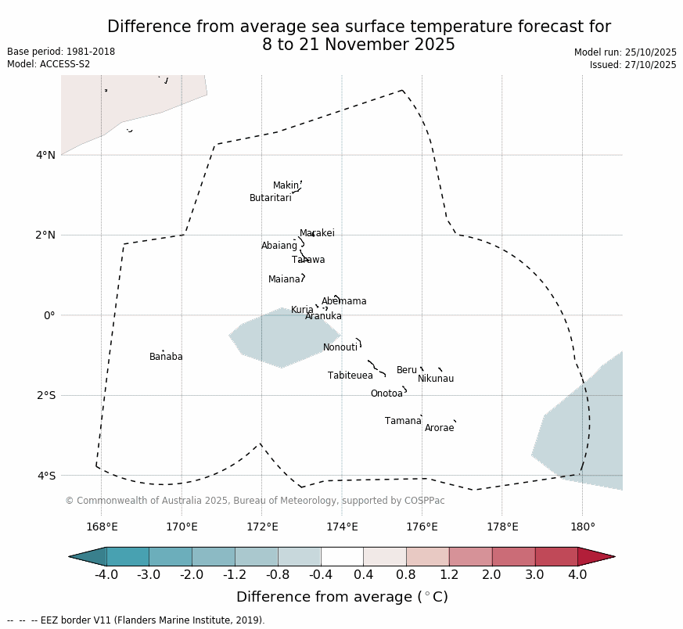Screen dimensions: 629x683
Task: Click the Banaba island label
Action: pos(166,357)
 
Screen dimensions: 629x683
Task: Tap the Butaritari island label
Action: pos(270,198)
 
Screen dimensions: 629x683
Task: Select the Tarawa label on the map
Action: pos(308,260)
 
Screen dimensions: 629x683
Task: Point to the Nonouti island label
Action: pos(340,347)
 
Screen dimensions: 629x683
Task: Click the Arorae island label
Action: pos(439,428)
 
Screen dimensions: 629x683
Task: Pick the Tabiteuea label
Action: pos(350,376)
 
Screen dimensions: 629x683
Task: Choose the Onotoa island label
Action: pos(386,394)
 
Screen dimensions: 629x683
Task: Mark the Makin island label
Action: pos(286,185)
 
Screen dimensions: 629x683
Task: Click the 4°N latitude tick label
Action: pos(45,155)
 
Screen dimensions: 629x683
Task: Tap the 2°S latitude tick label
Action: pos(45,395)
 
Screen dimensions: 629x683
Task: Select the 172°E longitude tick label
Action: pos(262,527)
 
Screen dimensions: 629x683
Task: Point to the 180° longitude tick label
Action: pos(582,527)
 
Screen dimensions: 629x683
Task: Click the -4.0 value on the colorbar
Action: pos(106,575)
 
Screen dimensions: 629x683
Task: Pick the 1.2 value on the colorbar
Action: pos(449,575)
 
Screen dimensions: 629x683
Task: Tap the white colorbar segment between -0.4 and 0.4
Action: pos(342,556)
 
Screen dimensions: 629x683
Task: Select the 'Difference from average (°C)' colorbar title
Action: pos(342,597)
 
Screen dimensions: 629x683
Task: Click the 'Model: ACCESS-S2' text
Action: pos(49,64)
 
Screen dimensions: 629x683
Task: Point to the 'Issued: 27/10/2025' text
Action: pos(633,65)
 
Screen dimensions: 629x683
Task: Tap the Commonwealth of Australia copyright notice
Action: pos(254,501)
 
